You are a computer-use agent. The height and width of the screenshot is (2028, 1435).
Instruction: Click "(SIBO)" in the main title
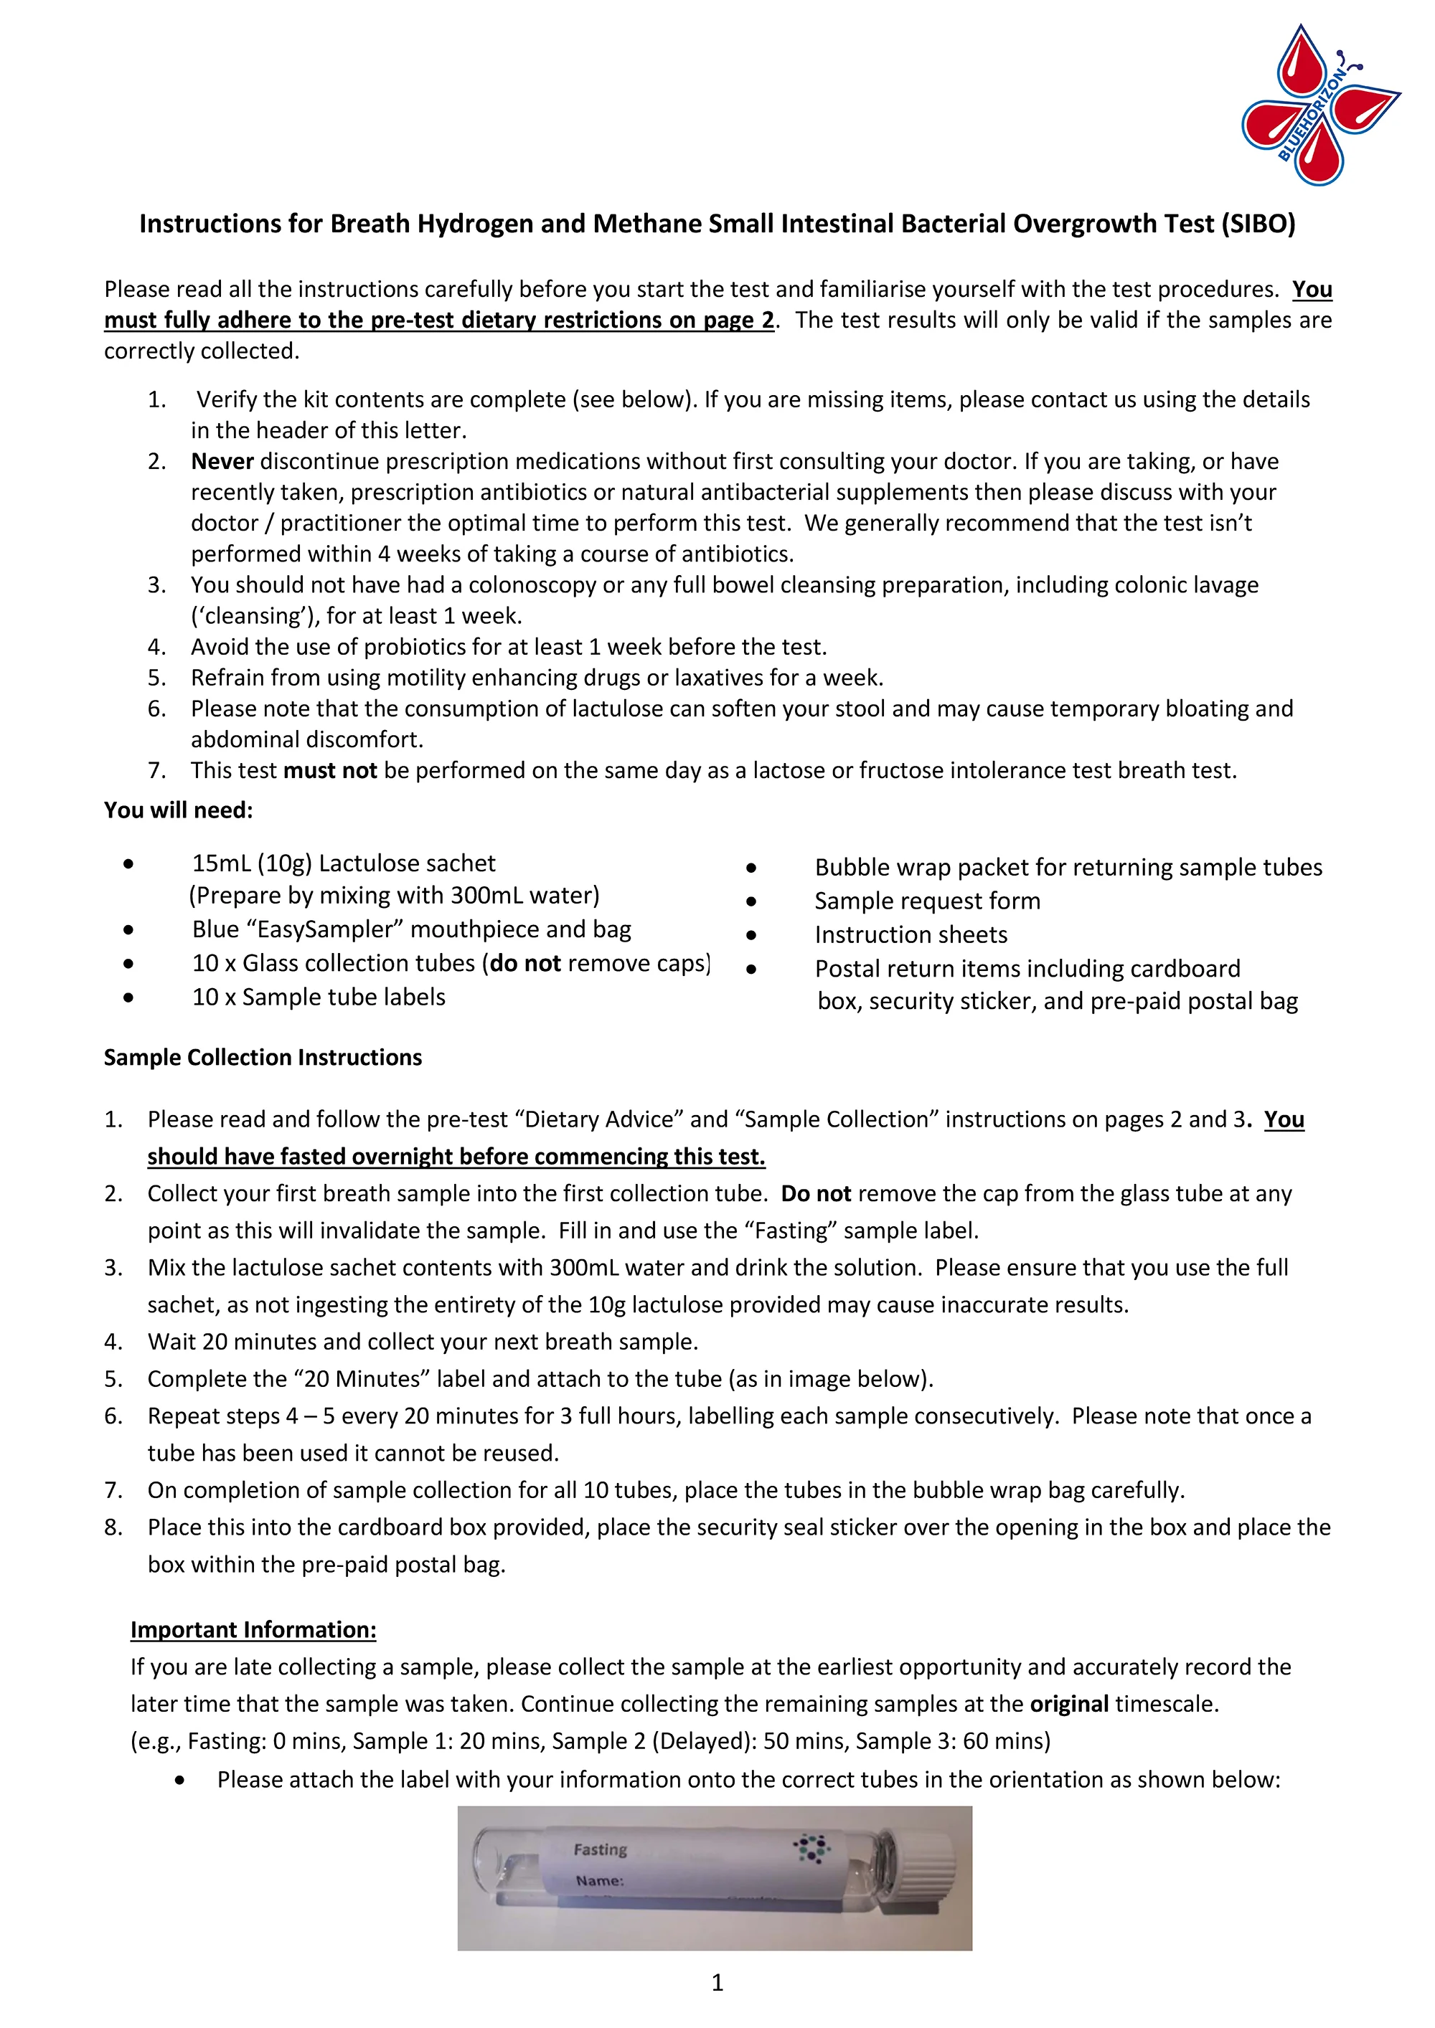1258,224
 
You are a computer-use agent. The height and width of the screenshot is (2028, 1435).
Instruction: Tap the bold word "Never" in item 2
222,461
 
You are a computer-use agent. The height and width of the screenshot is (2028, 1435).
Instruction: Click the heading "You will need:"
179,810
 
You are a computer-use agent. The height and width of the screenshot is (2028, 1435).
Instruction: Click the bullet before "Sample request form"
751,901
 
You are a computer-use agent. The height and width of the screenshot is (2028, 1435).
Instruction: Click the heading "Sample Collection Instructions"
263,1057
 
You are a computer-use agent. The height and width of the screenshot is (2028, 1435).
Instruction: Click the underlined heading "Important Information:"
253,1629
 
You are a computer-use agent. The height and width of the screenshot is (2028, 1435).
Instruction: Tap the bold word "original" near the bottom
1069,1704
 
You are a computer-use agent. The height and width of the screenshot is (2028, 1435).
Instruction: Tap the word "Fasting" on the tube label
600,1849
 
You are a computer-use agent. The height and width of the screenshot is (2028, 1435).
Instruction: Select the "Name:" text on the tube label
599,1880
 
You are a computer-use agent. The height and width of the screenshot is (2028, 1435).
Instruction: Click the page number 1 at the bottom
717,1982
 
